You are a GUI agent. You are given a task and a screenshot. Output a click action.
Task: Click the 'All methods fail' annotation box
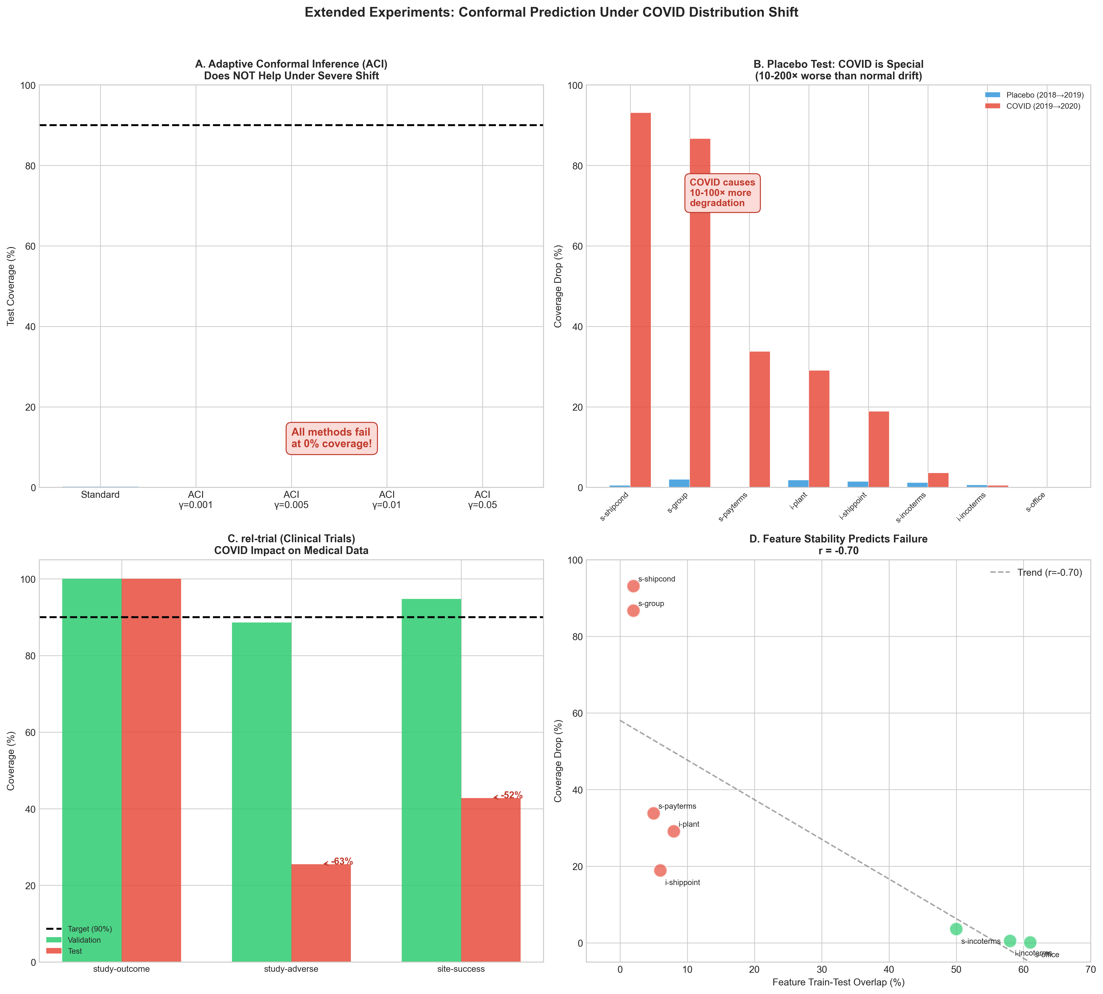point(331,438)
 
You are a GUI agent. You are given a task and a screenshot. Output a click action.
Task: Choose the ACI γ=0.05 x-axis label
point(482,500)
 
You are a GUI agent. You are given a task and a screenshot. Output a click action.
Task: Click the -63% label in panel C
point(342,862)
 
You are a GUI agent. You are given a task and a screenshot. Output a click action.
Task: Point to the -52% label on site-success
point(511,796)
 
